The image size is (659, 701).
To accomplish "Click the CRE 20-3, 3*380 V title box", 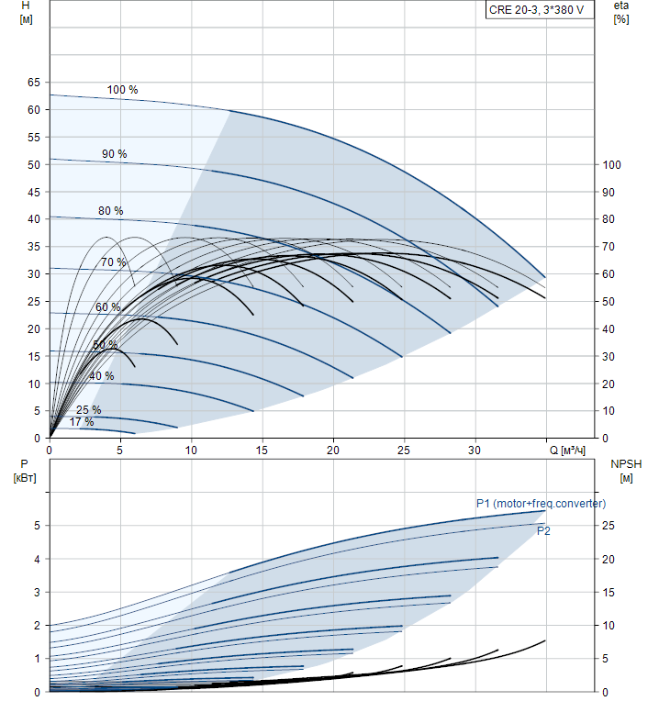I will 535,11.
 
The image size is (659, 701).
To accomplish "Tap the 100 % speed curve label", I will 122,90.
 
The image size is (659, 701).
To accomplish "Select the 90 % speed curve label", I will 115,154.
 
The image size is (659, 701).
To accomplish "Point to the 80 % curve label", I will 110,211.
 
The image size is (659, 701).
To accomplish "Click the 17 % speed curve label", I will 82,422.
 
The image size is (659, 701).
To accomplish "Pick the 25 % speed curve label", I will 89,410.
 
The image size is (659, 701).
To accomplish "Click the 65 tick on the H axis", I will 33,83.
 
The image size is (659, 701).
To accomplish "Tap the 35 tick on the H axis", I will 33,247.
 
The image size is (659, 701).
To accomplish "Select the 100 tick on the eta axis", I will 611,165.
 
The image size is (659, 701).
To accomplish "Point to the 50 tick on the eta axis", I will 608,302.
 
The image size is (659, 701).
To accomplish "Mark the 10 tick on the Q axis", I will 191,451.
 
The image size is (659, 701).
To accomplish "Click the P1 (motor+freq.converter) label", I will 541,503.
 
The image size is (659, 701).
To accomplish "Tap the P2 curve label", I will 543,530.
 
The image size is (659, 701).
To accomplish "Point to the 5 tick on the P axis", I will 37,526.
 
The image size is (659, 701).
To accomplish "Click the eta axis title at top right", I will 620,12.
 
